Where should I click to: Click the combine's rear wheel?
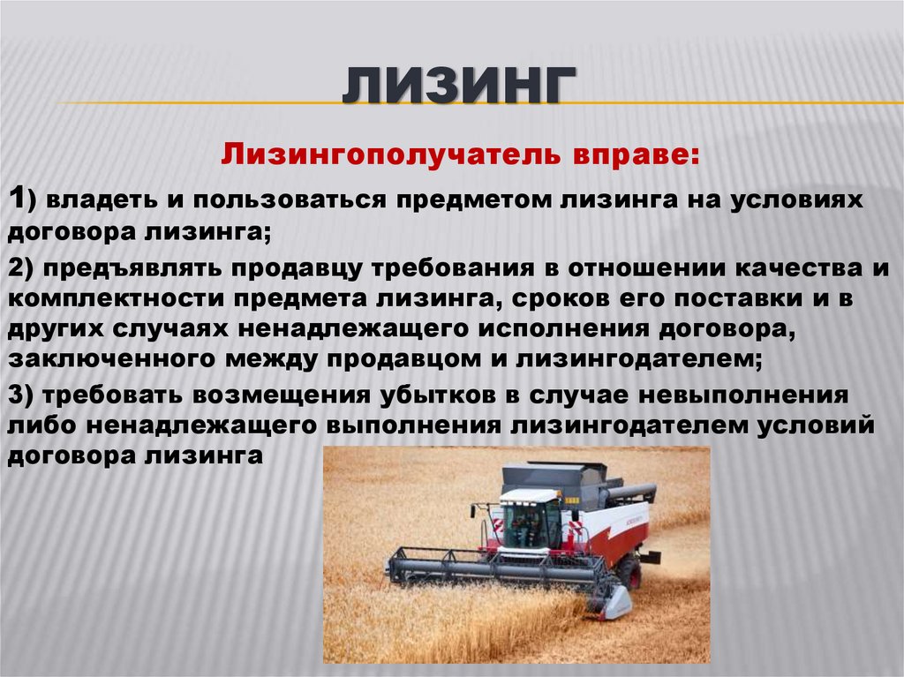629,572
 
